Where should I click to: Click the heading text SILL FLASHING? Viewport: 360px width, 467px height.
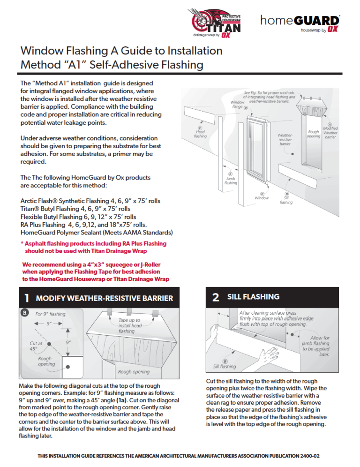pyautogui.click(x=253, y=297)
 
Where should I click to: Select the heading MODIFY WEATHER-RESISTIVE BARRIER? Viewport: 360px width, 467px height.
pyautogui.click(x=104, y=298)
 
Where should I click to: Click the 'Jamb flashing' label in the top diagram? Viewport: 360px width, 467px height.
pyautogui.click(x=231, y=180)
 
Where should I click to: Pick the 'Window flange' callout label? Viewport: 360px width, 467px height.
pyautogui.click(x=238, y=105)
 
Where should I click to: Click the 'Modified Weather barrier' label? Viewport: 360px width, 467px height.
pyautogui.click(x=330, y=131)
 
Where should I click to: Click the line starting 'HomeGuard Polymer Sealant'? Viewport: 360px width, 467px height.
pyautogui.click(x=96, y=233)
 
